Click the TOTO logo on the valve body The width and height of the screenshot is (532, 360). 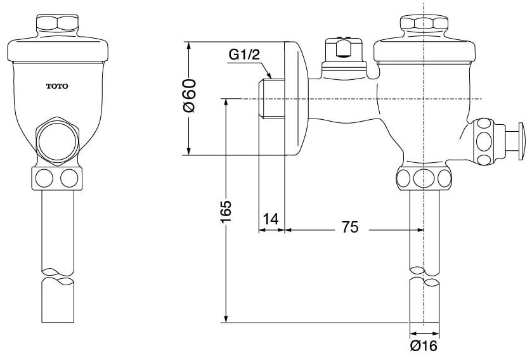click(57, 86)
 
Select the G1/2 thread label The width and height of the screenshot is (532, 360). click(244, 56)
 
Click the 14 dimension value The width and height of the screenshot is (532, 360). click(271, 219)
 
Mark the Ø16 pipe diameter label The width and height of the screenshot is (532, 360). click(424, 345)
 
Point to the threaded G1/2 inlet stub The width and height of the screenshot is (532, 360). click(271, 98)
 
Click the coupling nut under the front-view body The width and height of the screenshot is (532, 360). click(56, 178)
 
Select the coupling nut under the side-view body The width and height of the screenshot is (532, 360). click(424, 178)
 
